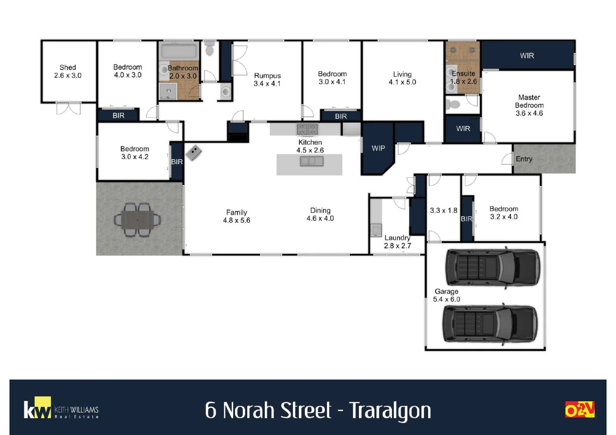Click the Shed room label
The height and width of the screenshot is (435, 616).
point(68,71)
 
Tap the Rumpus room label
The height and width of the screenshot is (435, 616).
point(267,79)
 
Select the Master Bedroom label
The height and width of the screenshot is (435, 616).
point(529,105)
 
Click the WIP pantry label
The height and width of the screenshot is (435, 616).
point(378,148)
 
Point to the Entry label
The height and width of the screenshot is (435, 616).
point(524,159)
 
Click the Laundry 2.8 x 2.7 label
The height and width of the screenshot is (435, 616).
point(397,242)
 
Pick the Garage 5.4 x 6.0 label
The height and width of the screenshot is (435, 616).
point(446,295)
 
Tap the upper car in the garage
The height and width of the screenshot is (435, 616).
point(492,267)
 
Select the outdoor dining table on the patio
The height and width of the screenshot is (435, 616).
point(137,220)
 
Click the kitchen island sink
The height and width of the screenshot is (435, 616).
point(311,162)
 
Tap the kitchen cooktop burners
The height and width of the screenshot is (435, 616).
point(307,129)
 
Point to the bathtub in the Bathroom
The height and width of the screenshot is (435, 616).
point(179,51)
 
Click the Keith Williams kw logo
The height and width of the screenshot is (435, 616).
point(37,408)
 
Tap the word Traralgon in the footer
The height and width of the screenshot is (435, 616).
point(390,410)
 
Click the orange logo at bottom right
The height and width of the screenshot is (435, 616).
point(580,409)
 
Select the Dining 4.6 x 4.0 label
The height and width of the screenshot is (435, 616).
point(320,214)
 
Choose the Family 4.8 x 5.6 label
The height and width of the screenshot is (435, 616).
point(236,216)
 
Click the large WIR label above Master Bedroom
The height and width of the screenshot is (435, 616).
point(527,56)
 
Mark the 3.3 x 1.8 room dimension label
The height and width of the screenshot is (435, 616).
point(443,210)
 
